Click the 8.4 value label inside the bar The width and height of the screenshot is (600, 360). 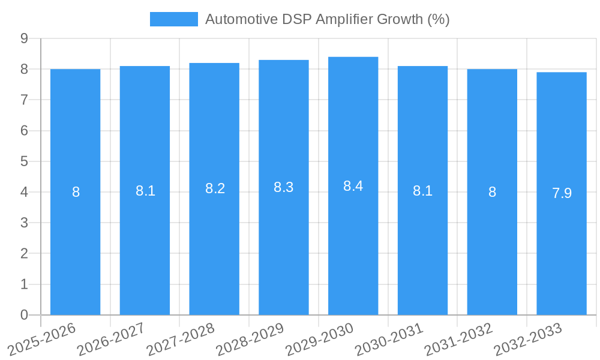pyautogui.click(x=353, y=186)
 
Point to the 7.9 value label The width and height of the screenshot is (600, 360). pyautogui.click(x=562, y=193)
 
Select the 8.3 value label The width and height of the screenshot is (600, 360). pyautogui.click(x=283, y=187)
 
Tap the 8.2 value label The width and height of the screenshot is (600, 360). pyautogui.click(x=215, y=188)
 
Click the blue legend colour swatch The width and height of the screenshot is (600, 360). pyautogui.click(x=173, y=19)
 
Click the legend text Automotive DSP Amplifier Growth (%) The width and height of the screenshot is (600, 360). pyautogui.click(x=327, y=19)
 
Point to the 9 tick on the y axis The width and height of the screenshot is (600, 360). pyautogui.click(x=24, y=38)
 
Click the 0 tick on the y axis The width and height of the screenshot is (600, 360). pyautogui.click(x=24, y=315)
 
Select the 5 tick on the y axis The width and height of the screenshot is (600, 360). pyautogui.click(x=24, y=161)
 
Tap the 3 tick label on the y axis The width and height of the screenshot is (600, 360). pyautogui.click(x=24, y=223)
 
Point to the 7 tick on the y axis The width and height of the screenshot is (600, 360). pyautogui.click(x=24, y=100)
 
